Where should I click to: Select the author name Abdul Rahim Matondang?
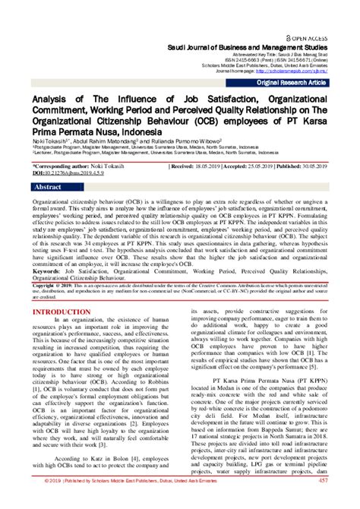pos(114,139)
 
